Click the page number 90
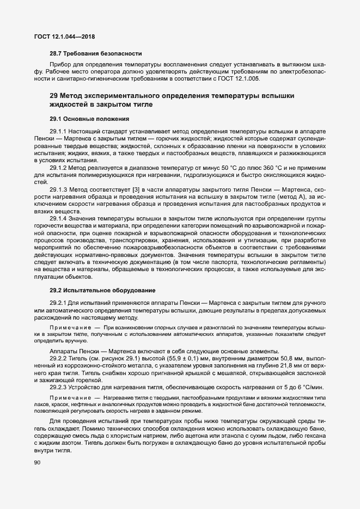click(x=38, y=463)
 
